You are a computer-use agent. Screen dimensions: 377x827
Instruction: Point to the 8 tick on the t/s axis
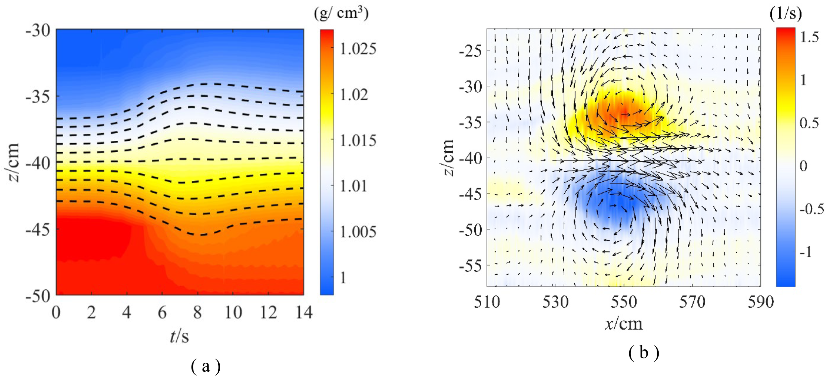197,312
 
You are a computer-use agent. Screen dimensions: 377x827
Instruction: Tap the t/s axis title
179,337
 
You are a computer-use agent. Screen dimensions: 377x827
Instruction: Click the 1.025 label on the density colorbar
358,49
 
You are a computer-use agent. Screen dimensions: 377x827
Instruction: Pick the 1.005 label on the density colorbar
358,232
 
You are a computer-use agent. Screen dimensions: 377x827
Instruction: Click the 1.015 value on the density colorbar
358,141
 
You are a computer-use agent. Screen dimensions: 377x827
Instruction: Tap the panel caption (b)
644,353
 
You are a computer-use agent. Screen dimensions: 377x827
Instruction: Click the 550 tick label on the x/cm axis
624,302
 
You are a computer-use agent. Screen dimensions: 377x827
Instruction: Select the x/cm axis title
624,324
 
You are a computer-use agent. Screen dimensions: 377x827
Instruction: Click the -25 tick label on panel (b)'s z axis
470,51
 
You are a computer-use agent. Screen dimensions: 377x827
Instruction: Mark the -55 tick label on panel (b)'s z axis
470,265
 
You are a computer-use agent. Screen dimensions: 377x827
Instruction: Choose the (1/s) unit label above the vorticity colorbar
785,14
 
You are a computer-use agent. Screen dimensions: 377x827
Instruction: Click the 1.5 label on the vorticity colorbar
809,37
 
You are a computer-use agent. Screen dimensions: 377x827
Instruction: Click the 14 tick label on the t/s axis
304,312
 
